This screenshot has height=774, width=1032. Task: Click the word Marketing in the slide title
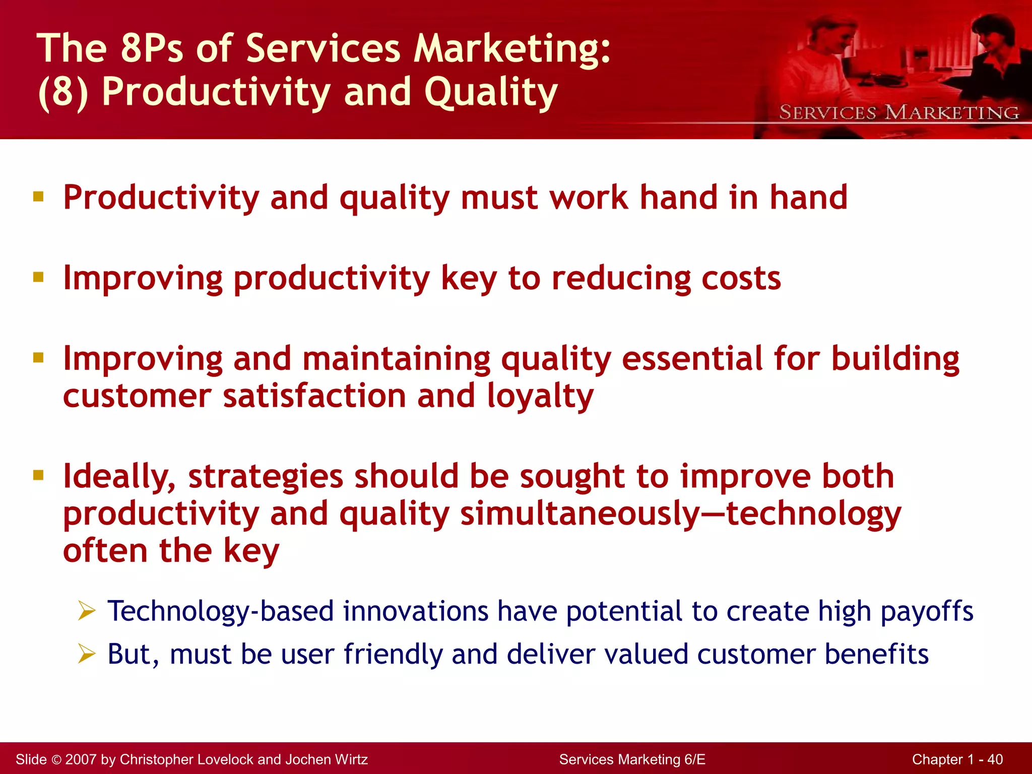pos(511,49)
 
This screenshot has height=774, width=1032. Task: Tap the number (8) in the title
pos(63,92)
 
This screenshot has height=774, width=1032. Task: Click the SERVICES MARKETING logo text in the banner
pos(899,112)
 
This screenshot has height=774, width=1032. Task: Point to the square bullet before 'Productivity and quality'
pos(38,196)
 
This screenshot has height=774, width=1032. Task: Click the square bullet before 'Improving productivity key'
pos(38,277)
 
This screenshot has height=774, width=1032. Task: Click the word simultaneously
pos(580,514)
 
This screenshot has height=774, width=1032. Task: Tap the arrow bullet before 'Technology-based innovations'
pos(87,611)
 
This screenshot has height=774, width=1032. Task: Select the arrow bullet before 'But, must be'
pos(87,654)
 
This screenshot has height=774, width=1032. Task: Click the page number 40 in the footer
pos(995,759)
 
